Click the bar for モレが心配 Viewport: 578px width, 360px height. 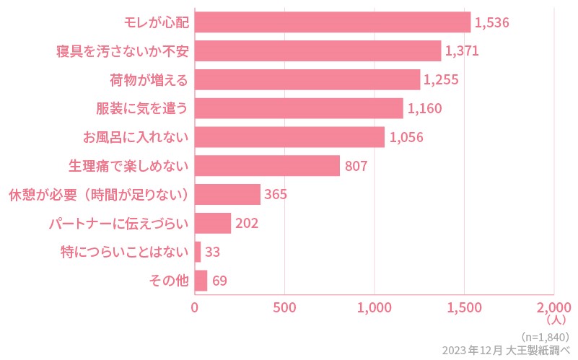333,22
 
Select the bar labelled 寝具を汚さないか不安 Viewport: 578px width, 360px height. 318,51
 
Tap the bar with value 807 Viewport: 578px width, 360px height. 267,166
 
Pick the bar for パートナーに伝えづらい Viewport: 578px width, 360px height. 213,223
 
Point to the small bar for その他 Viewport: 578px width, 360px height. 201,281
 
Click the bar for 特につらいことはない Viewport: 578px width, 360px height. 198,252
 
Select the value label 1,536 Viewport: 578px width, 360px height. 492,22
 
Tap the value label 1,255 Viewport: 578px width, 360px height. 441,80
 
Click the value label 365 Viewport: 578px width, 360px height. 276,195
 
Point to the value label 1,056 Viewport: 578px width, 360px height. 406,137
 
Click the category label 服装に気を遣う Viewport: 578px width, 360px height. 142,109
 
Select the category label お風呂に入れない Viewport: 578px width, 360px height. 135,137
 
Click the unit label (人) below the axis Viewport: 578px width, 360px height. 558,319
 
